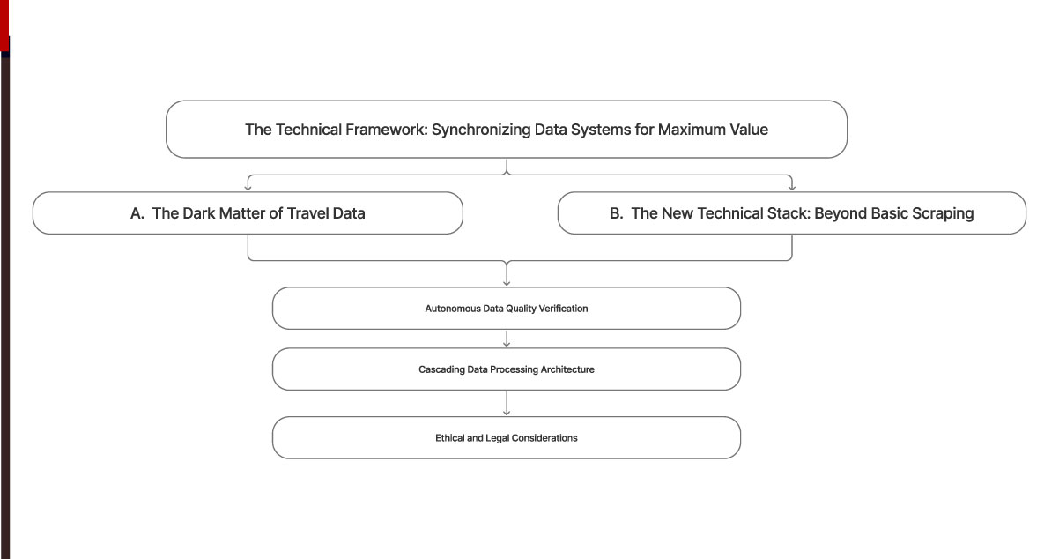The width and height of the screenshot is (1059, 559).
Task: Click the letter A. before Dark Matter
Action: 137,213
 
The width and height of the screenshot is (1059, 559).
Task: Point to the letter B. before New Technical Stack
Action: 617,213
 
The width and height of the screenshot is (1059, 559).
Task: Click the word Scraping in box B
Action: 943,213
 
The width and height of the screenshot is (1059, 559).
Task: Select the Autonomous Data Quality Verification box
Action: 506,309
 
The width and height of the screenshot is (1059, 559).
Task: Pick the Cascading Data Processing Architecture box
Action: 506,369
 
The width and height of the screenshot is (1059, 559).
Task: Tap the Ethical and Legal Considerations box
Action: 506,438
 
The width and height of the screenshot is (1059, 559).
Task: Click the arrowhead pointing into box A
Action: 248,186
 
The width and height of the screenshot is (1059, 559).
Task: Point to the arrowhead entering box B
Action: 791,186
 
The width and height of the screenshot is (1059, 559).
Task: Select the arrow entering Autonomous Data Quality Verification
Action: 507,281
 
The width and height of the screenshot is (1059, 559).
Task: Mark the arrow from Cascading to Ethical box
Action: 507,410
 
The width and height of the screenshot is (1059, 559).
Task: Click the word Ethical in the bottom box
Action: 449,438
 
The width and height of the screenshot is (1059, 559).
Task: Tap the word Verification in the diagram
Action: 564,309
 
